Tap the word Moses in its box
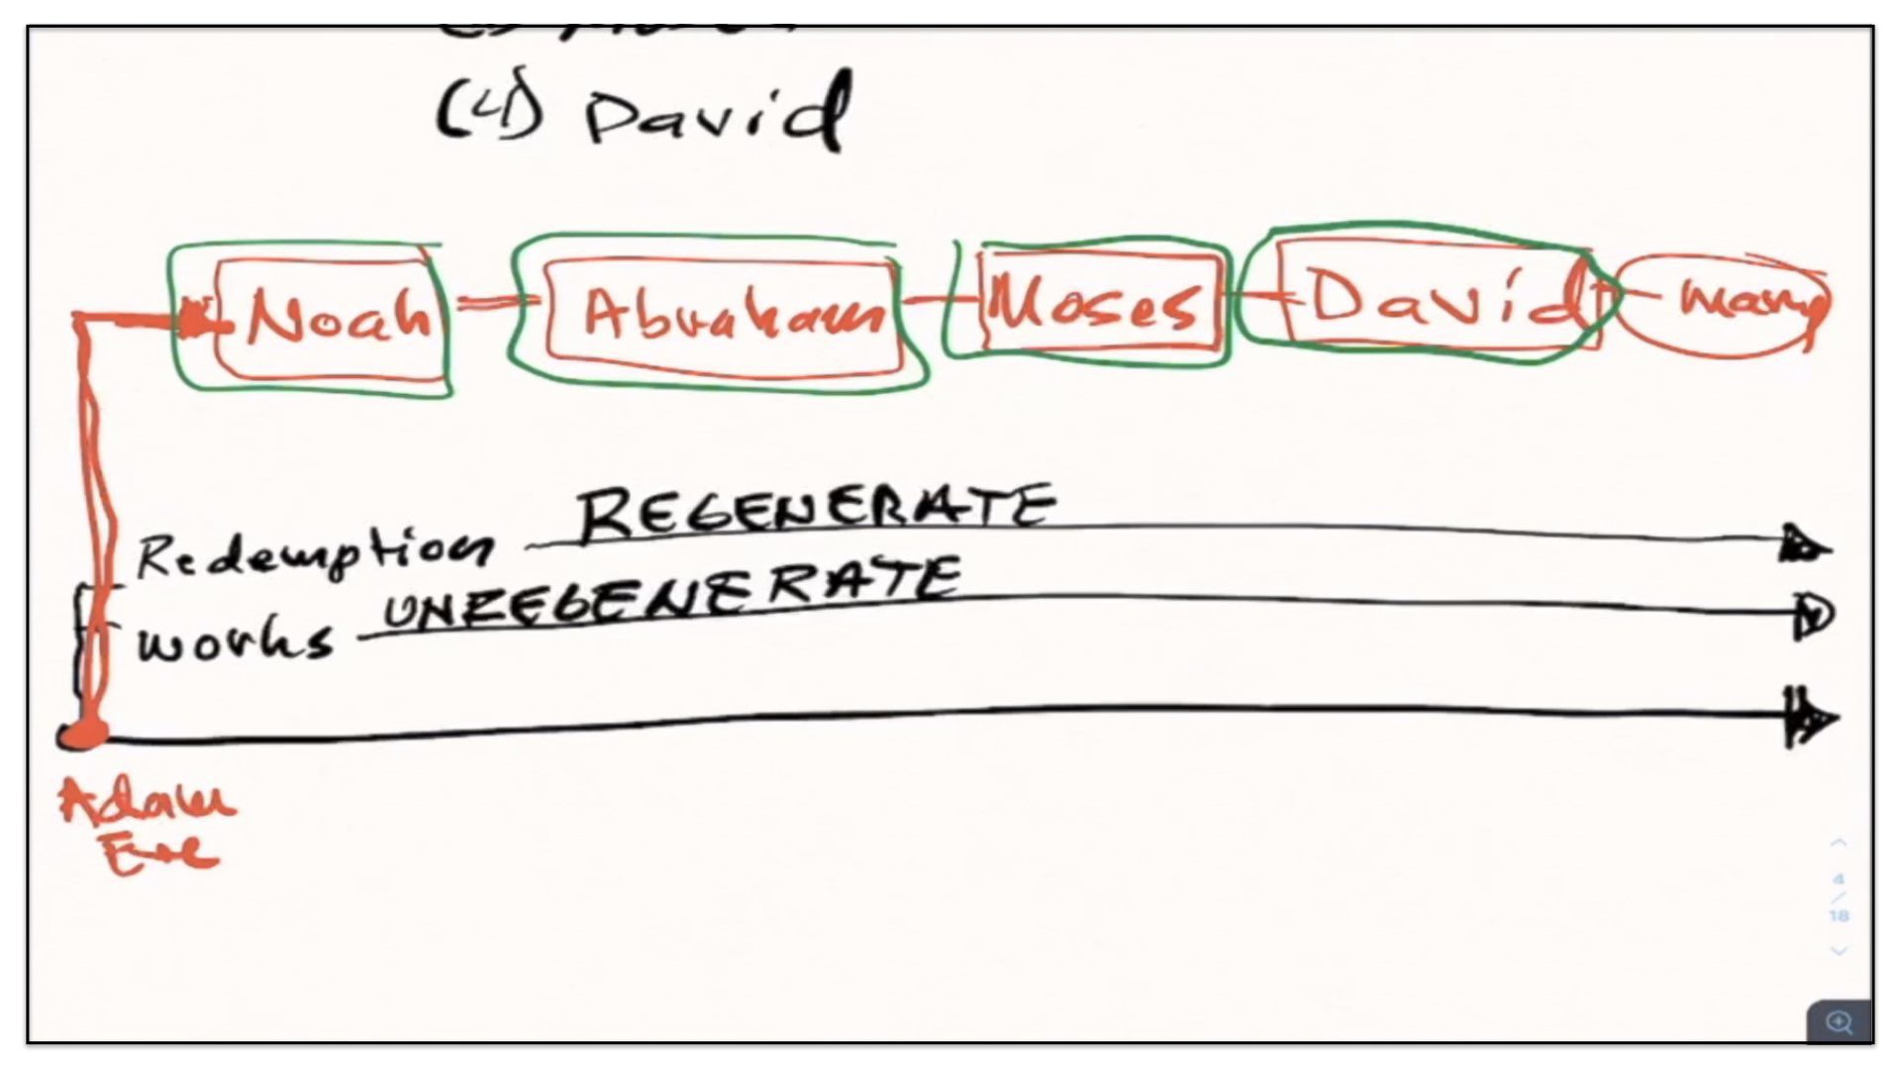point(1095,303)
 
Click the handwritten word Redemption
point(313,554)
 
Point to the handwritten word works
point(235,643)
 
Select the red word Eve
point(158,853)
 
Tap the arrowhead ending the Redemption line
point(1806,544)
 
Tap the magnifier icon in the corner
point(1839,1021)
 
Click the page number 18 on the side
point(1839,916)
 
